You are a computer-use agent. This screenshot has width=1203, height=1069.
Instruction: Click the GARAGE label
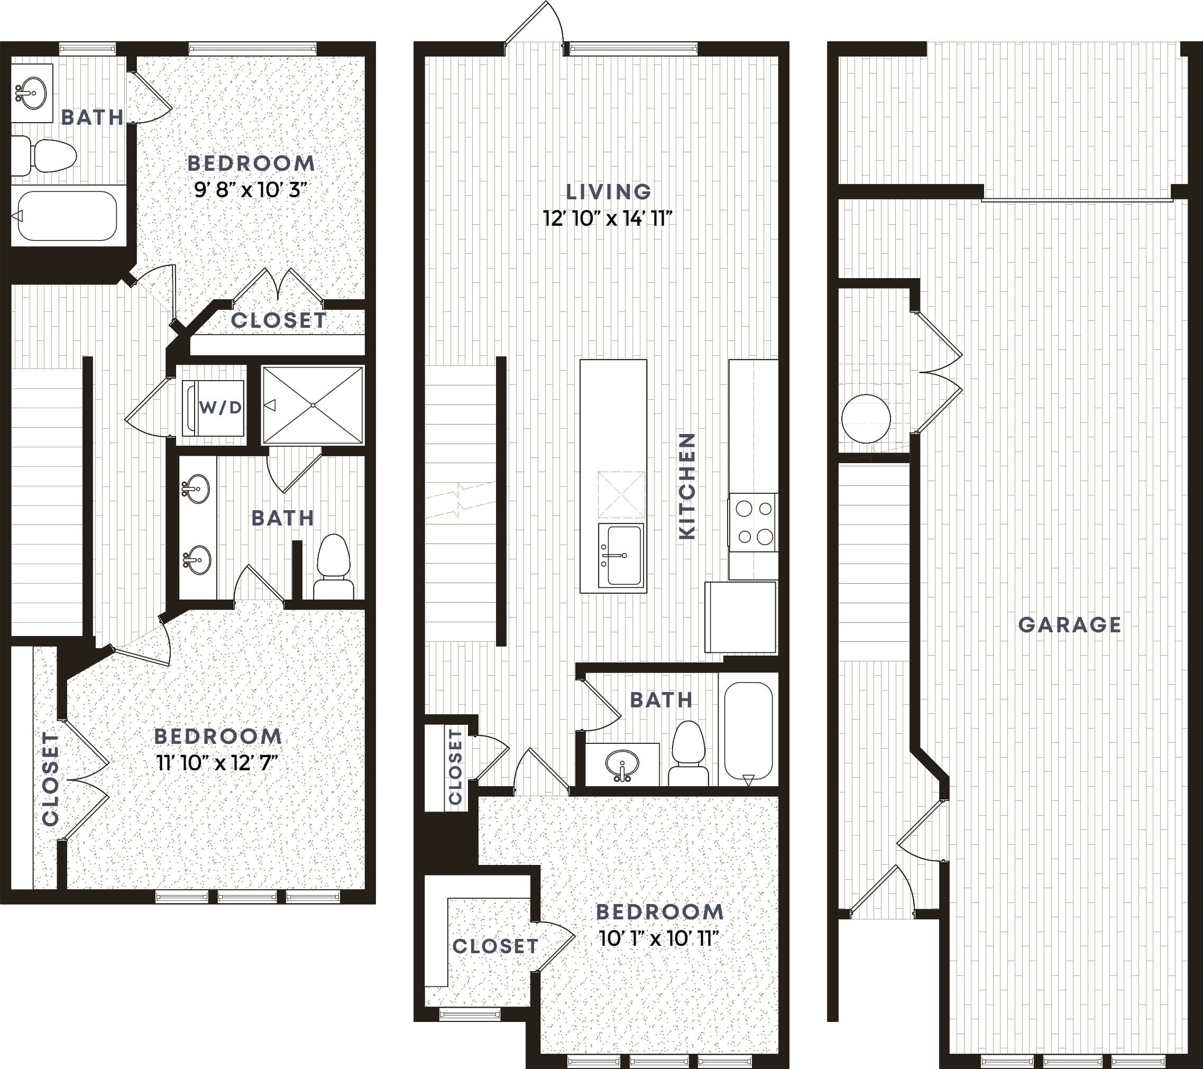pos(1069,625)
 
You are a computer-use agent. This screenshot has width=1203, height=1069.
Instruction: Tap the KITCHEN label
pos(687,486)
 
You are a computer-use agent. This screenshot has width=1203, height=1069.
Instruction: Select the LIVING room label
pos(609,192)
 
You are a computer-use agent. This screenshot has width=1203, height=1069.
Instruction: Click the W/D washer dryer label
pos(221,407)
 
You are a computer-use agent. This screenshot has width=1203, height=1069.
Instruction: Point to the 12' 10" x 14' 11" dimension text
pos(608,219)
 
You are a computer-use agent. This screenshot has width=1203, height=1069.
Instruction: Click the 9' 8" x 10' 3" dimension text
pos(251,190)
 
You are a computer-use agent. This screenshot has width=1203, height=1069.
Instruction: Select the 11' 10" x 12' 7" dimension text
pos(217,763)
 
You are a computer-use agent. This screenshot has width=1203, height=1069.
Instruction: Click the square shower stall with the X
pos(313,406)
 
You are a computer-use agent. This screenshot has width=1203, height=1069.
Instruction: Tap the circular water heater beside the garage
pos(866,418)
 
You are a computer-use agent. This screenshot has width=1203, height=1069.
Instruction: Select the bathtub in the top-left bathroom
pos(66,216)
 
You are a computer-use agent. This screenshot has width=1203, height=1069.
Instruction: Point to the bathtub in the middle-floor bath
pos(748,731)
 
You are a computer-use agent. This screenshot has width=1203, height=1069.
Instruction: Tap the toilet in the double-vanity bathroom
pos(334,567)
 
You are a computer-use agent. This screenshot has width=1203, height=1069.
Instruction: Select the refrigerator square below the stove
pos(740,617)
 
